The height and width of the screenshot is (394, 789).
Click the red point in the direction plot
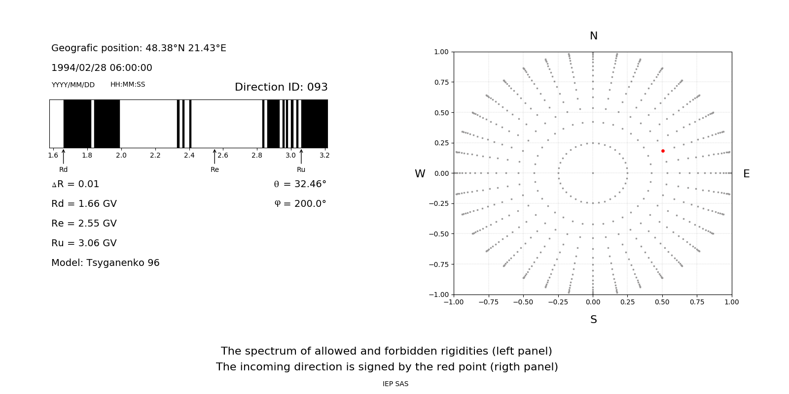663,151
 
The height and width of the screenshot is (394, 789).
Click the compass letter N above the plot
594,36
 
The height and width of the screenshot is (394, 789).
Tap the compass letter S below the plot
594,320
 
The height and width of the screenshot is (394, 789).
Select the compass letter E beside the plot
746,174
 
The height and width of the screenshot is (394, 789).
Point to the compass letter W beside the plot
420,174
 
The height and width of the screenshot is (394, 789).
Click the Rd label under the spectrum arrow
63,170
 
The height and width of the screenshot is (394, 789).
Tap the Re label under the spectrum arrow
215,170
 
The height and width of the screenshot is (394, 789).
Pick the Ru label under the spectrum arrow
301,170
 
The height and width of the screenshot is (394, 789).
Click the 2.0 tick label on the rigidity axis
121,156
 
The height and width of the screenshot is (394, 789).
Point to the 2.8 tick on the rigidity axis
257,156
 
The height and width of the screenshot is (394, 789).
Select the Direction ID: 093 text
281,87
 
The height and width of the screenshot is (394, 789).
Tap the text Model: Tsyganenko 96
106,263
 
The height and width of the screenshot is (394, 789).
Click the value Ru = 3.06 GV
84,243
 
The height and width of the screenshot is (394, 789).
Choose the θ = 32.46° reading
300,184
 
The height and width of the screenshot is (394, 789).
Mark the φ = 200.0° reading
300,204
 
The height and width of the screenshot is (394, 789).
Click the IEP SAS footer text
395,384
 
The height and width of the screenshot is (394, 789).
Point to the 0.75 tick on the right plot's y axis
441,82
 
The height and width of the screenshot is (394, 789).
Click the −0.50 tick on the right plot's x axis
523,302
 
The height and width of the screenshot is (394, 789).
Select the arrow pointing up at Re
215,156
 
